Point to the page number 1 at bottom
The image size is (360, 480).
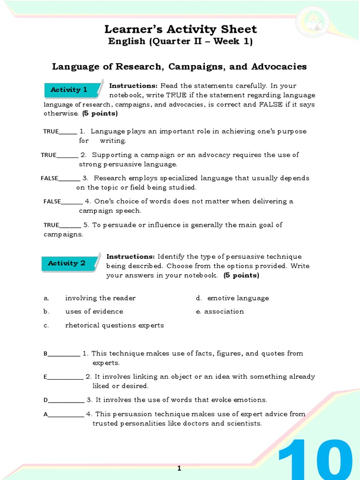[x=180, y=468]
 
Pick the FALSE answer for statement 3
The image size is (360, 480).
[x=50, y=178]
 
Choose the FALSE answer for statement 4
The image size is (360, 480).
[x=52, y=202]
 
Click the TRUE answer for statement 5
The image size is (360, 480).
[x=52, y=225]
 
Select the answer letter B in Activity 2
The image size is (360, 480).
[x=46, y=354]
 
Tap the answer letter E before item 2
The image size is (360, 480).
[x=45, y=377]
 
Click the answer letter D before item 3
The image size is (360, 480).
[x=46, y=400]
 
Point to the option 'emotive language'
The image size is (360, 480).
[x=238, y=298]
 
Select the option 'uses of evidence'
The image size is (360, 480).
[x=94, y=311]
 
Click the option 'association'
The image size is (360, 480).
[x=224, y=311]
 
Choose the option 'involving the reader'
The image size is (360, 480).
[x=100, y=298]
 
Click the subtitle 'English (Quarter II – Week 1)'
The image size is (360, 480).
[x=180, y=42]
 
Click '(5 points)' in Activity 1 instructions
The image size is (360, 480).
[x=100, y=113]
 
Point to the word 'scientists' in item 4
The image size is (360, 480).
[x=244, y=423]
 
